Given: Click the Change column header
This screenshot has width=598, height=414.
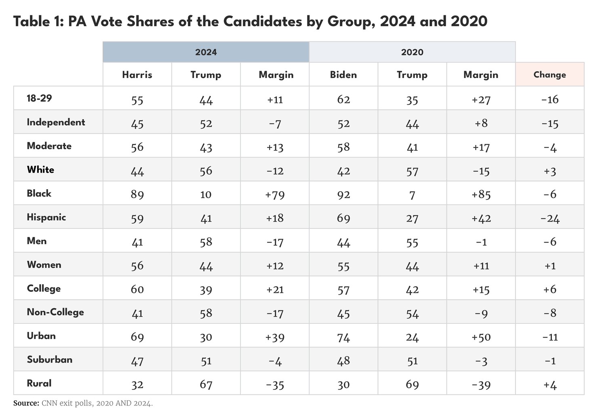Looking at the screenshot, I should click(550, 75).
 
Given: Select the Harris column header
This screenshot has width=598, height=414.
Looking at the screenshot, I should click(137, 75).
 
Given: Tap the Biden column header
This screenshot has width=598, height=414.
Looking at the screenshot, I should click(343, 75).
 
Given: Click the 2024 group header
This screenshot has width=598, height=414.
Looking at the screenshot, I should click(206, 52).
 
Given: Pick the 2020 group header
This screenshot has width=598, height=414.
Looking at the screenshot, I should click(412, 52).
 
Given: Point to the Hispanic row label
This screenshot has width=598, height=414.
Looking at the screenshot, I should click(46, 218).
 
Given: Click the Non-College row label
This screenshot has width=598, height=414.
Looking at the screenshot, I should click(55, 312).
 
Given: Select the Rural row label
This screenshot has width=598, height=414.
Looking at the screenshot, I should click(39, 383).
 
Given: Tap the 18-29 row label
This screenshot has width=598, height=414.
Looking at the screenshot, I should click(39, 98).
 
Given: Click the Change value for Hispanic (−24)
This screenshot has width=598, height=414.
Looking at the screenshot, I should click(550, 219).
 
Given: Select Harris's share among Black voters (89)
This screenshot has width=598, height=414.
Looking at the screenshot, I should click(137, 195).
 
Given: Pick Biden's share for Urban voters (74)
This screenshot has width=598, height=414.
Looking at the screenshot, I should click(343, 337).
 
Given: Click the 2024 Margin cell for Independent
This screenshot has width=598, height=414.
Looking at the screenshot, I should click(275, 124).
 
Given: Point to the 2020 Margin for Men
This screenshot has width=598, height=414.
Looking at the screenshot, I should click(481, 242).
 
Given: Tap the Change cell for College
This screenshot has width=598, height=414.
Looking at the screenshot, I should click(550, 289).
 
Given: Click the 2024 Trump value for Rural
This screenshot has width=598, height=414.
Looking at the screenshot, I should click(206, 384).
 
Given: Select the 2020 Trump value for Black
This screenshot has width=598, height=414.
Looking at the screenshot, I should click(412, 195).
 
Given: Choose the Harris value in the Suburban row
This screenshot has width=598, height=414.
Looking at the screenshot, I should click(137, 361).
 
